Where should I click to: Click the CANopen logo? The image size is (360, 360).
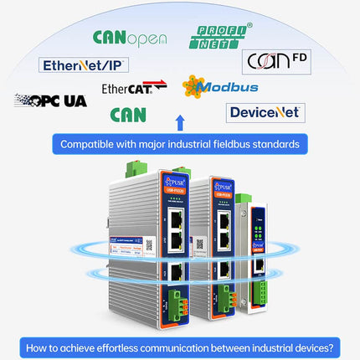pos(129,38)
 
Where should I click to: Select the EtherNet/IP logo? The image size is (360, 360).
pos(84,64)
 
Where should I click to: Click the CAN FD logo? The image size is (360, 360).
pos(272,60)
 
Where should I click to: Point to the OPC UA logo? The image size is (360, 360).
pos(50,100)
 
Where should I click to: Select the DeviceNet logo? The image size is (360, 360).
pos(265,112)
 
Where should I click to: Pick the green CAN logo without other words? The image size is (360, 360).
pos(127,115)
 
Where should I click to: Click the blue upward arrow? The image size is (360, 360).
pos(179,124)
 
